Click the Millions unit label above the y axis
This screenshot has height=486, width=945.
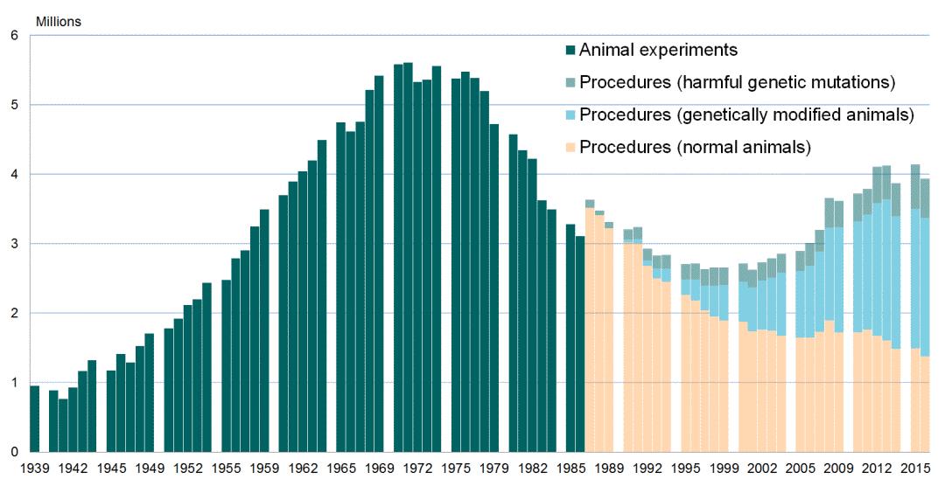pos(58,21)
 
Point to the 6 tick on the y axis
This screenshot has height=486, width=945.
pos(14,36)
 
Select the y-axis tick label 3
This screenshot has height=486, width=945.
pos(14,244)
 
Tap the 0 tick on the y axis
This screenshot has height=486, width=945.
pos(14,452)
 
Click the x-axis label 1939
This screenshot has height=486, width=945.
pos(35,469)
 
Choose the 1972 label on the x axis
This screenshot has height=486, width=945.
pos(417,469)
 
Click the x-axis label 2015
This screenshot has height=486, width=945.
pos(915,469)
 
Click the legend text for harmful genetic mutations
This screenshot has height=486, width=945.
pos(737,83)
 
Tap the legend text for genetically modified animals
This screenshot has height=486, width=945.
pos(746,115)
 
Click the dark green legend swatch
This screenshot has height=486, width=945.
pos(570,51)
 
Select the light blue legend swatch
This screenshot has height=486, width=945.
pos(570,115)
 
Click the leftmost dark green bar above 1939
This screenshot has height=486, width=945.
pos(35,419)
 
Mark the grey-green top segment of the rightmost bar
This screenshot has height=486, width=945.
pos(924,198)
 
